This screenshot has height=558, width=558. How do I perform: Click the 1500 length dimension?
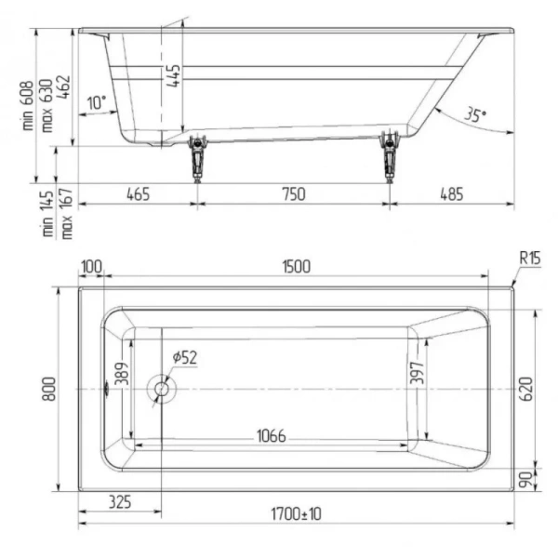coord(294,267)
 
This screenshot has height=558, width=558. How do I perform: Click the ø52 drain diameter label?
coord(184,357)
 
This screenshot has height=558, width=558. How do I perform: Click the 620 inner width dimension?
coord(526,388)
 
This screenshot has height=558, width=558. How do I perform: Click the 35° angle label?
coord(475,115)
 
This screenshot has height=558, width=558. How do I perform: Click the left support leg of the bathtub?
coord(196,158)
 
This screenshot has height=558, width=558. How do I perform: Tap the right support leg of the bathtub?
coord(389,158)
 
